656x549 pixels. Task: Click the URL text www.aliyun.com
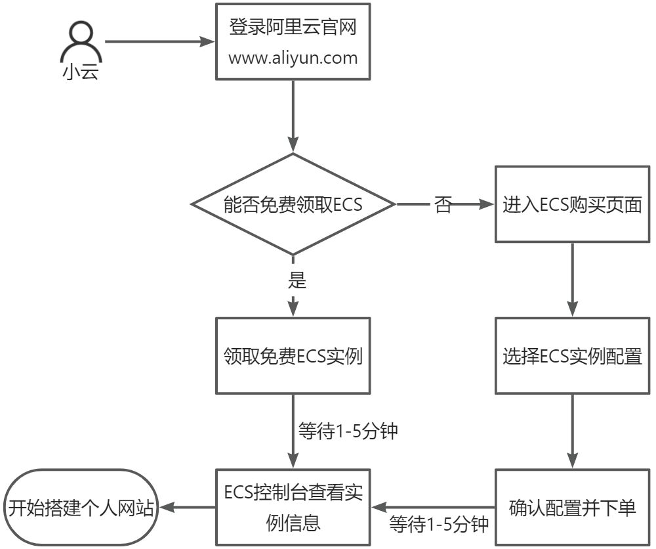tap(293, 58)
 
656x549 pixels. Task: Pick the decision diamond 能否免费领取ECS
tap(293, 204)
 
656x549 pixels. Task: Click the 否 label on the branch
tap(443, 205)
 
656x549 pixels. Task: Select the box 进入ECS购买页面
tap(572, 204)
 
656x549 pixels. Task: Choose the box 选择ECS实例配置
tap(572, 357)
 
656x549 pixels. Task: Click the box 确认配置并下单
tap(572, 507)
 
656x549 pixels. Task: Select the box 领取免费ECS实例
tap(293, 357)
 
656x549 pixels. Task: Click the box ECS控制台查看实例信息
tap(293, 507)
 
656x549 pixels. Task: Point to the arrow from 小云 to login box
tap(161, 42)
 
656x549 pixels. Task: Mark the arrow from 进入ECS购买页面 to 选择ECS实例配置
tap(572, 280)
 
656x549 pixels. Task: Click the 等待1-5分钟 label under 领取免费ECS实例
tap(348, 432)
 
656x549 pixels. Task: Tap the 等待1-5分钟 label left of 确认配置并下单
tap(439, 524)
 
